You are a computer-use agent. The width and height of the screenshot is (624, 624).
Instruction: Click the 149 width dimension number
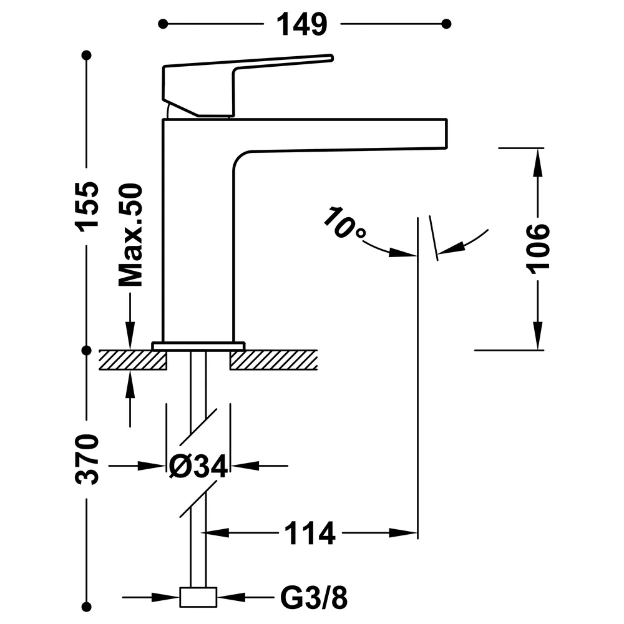(x=301, y=24)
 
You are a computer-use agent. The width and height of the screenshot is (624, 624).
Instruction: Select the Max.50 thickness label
(x=130, y=235)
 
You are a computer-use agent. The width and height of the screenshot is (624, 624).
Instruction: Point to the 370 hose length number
(x=87, y=459)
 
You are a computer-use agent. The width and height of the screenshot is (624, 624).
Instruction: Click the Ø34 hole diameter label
(x=198, y=466)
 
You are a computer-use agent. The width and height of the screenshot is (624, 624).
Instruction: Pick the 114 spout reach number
(x=310, y=534)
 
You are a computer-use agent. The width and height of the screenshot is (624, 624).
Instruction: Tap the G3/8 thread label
(x=314, y=597)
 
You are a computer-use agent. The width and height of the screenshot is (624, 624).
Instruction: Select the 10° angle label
(x=344, y=223)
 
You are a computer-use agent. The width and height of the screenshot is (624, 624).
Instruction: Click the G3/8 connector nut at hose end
(x=198, y=597)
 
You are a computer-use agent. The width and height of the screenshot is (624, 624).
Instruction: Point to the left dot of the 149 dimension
(x=163, y=24)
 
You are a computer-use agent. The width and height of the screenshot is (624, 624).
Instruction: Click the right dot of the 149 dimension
(x=446, y=24)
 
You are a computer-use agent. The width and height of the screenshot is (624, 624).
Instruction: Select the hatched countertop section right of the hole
(x=274, y=360)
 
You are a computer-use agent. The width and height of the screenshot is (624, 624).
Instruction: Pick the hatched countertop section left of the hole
(x=132, y=360)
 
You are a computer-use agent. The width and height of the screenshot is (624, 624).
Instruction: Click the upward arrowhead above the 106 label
(x=538, y=163)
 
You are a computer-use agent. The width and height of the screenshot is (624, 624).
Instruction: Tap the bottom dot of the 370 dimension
(x=86, y=607)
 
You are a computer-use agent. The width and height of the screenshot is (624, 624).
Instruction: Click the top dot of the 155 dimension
(x=86, y=55)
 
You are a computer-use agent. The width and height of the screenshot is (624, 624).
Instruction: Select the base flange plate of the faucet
(x=198, y=346)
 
